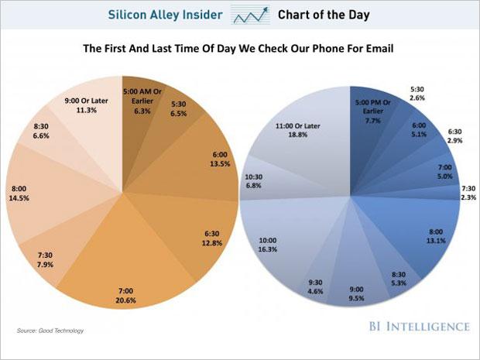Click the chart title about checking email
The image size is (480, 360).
point(239,47)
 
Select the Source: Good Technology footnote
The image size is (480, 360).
point(50,331)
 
